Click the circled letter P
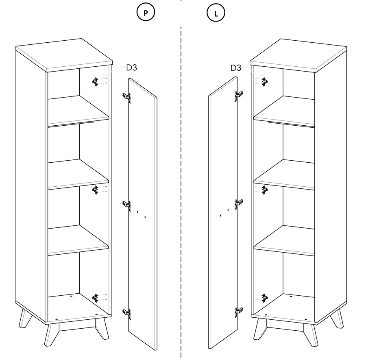coord(146,13)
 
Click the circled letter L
coord(216,13)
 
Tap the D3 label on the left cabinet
coord(131,68)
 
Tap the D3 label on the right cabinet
coord(236,68)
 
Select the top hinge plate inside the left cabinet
coord(96,82)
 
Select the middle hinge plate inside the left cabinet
coord(96,189)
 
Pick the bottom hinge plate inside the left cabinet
coord(96,298)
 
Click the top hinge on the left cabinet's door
coord(127,97)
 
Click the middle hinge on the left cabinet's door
coord(127,205)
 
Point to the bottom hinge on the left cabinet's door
coord(127,312)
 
